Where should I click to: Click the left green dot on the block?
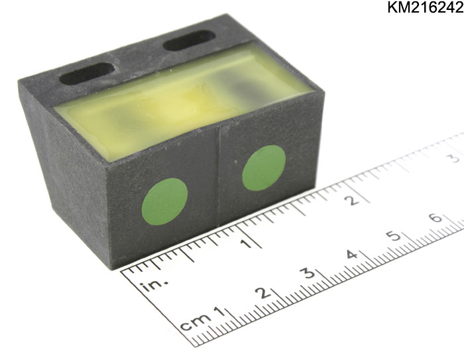[x=165, y=202]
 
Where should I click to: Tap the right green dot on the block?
[x=264, y=168]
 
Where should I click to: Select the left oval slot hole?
[x=87, y=73]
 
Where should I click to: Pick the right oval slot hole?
[x=190, y=40]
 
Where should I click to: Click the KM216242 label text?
[x=426, y=8]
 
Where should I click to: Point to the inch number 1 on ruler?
[x=246, y=243]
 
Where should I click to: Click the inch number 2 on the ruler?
[x=353, y=200]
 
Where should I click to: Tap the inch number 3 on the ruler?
[x=455, y=158]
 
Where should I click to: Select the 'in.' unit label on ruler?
[x=155, y=285]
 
